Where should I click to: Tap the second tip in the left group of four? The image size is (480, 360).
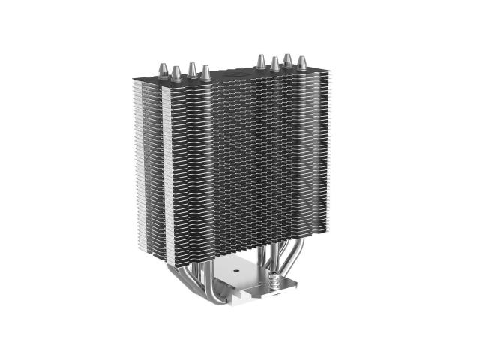pos(176,73)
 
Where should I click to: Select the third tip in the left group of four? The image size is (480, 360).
pos(192,70)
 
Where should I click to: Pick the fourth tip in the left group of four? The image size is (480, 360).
pos(206,73)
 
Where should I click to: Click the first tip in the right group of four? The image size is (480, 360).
pos(261,60)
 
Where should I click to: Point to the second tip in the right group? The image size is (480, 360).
pos(275,63)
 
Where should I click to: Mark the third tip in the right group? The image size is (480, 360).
pos(288,60)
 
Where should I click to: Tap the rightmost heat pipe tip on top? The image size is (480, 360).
pos(301,63)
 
